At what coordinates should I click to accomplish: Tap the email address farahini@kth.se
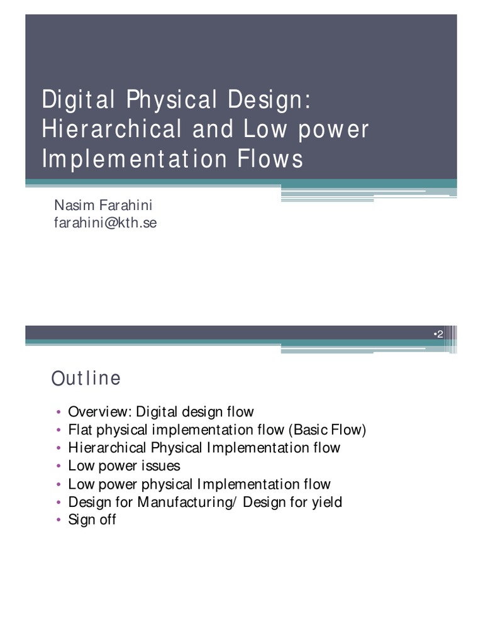click(x=106, y=223)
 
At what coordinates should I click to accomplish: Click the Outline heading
click(x=86, y=379)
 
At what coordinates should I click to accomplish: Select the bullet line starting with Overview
click(x=160, y=413)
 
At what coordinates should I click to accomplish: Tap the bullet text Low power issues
click(x=124, y=466)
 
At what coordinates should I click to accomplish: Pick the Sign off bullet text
click(x=92, y=519)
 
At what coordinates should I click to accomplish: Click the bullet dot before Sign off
click(x=58, y=520)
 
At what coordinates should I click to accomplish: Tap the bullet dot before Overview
click(x=58, y=413)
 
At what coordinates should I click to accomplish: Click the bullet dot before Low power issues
click(x=58, y=467)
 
